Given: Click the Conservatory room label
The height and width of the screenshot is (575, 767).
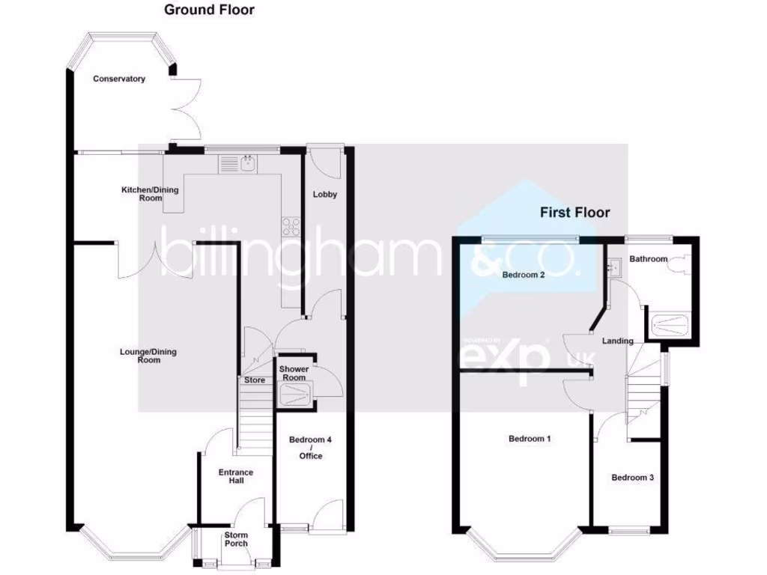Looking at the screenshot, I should click(x=119, y=79).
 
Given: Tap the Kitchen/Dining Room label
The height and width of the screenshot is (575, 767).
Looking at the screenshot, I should click(x=150, y=194).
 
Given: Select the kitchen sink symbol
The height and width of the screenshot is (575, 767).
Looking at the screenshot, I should click(x=246, y=162).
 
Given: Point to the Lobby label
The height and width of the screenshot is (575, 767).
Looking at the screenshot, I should click(x=324, y=195).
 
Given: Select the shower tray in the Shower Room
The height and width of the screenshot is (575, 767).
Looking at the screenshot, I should click(x=294, y=394).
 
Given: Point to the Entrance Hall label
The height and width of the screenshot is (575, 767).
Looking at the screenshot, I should click(x=235, y=477).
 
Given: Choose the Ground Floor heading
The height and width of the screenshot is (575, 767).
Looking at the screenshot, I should click(x=209, y=10).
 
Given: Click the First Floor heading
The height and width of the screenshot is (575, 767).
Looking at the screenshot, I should click(x=575, y=213).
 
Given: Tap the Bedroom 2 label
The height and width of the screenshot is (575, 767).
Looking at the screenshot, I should click(x=523, y=274).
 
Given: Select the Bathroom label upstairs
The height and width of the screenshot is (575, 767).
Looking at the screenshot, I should click(x=648, y=259).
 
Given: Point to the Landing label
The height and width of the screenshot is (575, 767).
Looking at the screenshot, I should click(x=618, y=341).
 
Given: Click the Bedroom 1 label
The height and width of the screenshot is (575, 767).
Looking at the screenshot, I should click(x=530, y=439).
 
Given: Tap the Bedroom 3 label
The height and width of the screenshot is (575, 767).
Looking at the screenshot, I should click(x=632, y=478).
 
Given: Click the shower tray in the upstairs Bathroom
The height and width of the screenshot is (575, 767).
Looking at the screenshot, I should click(x=667, y=325).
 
